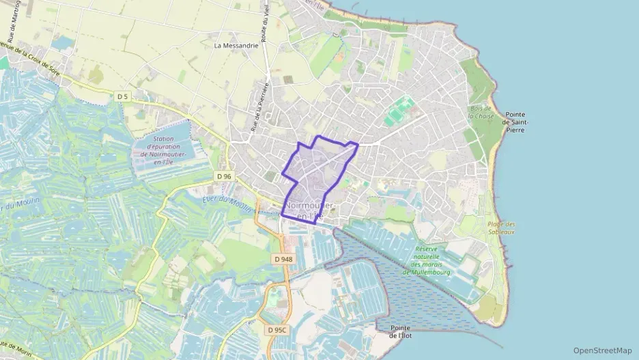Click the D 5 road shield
tap(123, 97)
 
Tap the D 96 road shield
tap(225, 176)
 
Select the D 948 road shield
tap(283, 259)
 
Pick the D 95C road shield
tap(276, 330)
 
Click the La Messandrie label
tap(236, 46)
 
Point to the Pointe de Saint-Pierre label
tap(516, 122)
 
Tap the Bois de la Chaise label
tap(481, 112)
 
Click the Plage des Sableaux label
tap(501, 228)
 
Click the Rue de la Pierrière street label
tap(260, 107)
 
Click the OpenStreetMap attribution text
tap(602, 350)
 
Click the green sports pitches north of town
tap(399, 111)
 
